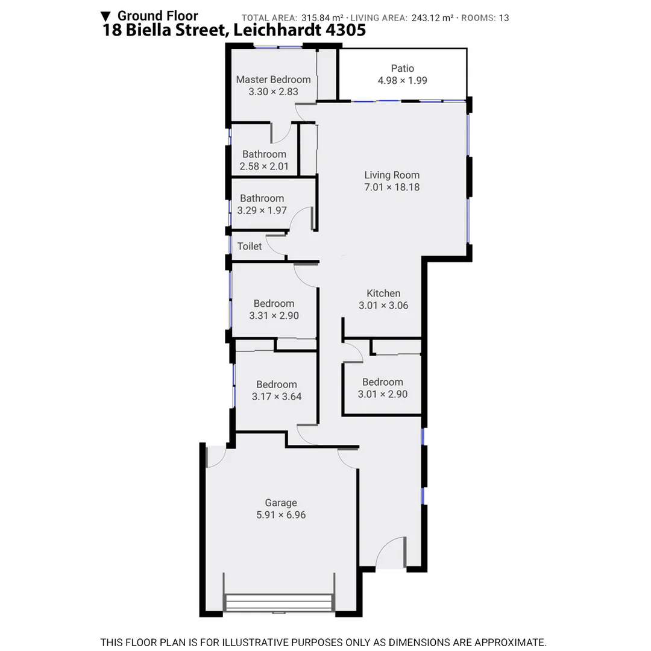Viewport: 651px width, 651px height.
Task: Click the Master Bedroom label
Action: (x=273, y=80)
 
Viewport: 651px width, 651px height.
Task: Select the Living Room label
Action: (x=392, y=175)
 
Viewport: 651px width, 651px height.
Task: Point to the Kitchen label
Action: (x=383, y=294)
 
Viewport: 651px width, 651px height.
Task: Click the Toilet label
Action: (x=250, y=246)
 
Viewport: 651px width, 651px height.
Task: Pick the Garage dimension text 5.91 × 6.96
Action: (x=281, y=515)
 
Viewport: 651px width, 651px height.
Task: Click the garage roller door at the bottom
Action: (x=279, y=603)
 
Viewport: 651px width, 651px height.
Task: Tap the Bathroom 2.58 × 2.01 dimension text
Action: (x=264, y=166)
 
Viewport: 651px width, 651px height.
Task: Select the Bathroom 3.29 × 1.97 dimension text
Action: (x=262, y=210)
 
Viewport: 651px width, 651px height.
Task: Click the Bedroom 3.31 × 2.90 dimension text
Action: (x=274, y=315)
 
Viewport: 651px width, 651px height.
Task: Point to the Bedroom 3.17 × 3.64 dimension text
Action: (x=276, y=397)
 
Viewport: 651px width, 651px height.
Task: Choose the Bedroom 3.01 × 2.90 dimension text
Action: (x=382, y=394)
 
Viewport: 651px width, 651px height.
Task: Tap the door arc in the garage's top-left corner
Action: (x=216, y=456)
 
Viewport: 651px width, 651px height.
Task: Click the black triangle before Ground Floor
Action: (x=106, y=16)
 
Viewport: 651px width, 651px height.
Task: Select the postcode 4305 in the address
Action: (x=345, y=31)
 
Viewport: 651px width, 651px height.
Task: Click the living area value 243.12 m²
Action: (x=432, y=18)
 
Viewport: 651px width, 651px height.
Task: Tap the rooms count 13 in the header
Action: (x=504, y=18)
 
